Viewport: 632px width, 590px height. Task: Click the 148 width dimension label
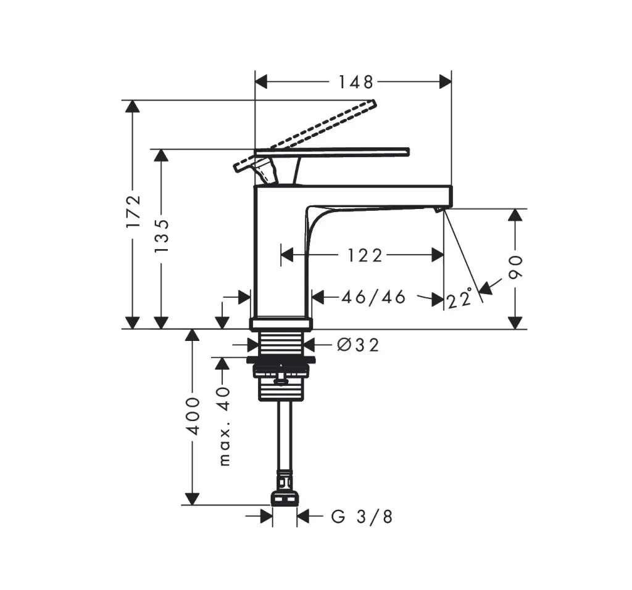(355, 82)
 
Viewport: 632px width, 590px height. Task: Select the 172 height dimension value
(133, 211)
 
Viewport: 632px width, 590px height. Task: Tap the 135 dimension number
(161, 236)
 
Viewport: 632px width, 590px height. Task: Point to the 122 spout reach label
(365, 255)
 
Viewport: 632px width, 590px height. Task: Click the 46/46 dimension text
(373, 297)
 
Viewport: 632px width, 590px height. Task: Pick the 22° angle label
(459, 298)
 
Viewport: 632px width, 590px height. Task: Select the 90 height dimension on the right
(515, 267)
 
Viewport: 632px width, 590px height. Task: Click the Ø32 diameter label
(359, 345)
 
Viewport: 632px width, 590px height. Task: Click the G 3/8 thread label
(362, 516)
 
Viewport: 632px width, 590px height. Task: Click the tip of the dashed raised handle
(373, 102)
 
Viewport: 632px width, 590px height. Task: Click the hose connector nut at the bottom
(285, 499)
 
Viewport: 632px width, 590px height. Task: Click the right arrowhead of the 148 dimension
(445, 82)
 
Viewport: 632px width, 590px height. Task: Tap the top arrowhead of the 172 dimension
(133, 107)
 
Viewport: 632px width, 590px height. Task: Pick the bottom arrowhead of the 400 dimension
(193, 499)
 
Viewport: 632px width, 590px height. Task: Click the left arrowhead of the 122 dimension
(287, 255)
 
